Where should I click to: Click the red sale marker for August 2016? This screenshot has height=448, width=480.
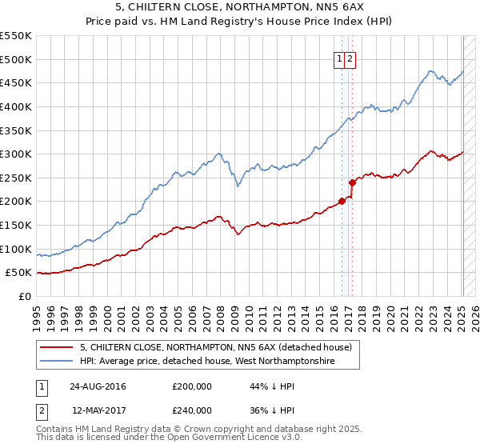(342, 201)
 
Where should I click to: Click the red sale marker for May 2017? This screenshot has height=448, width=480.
(352, 182)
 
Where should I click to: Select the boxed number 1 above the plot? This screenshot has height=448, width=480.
(340, 58)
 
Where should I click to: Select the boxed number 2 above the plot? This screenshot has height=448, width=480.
(351, 58)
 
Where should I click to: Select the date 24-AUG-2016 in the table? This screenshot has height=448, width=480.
(98, 386)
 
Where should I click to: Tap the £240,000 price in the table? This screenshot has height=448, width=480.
(192, 410)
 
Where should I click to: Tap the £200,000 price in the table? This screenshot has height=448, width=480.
(192, 386)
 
